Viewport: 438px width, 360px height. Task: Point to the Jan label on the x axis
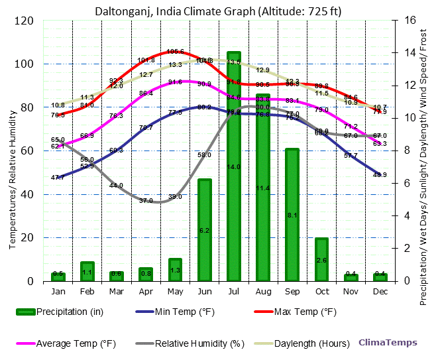[x=58, y=292]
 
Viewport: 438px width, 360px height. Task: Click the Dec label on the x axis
[x=380, y=292]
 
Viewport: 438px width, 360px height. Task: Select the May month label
[x=175, y=292]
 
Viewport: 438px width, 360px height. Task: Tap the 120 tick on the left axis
[x=25, y=21]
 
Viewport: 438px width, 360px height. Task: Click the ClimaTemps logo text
[x=388, y=343]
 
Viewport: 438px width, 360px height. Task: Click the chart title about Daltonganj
[x=219, y=11]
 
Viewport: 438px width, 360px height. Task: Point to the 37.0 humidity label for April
[x=146, y=200]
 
